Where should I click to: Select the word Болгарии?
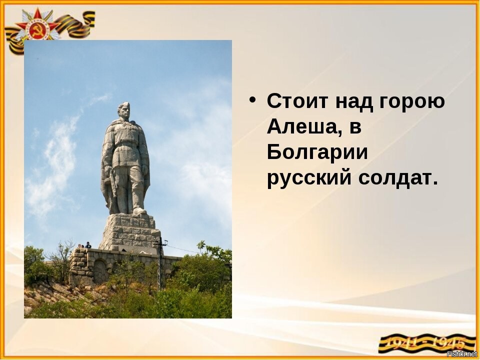(x=317, y=152)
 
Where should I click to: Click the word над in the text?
(x=354, y=102)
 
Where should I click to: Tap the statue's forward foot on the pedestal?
(x=139, y=211)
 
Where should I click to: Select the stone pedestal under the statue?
(x=130, y=231)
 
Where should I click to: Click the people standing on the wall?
(x=85, y=245)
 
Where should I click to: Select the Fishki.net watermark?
(x=462, y=354)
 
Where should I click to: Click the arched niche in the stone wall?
(x=100, y=271)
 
